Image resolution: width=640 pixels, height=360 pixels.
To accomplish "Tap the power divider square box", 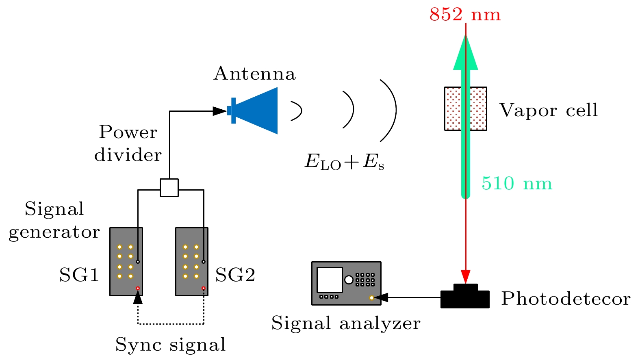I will click(169, 188).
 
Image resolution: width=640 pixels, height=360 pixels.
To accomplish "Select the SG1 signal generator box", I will click(126, 262).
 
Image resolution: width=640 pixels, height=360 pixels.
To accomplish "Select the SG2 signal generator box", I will click(192, 262).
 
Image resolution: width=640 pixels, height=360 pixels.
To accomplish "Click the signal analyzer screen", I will click(330, 280).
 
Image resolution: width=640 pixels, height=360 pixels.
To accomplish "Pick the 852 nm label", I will click(465, 15).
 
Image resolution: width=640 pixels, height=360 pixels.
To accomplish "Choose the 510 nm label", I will click(517, 184).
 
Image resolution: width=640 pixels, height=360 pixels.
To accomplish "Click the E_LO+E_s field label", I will click(345, 162).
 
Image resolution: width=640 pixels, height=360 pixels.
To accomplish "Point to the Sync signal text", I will click(170, 345).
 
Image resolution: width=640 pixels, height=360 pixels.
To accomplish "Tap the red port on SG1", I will click(138, 288).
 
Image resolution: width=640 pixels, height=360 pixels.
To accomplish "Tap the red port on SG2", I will click(204, 288).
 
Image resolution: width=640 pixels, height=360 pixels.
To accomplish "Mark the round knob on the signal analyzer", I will click(349, 280).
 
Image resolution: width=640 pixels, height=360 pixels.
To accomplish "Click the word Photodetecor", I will click(566, 299).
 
